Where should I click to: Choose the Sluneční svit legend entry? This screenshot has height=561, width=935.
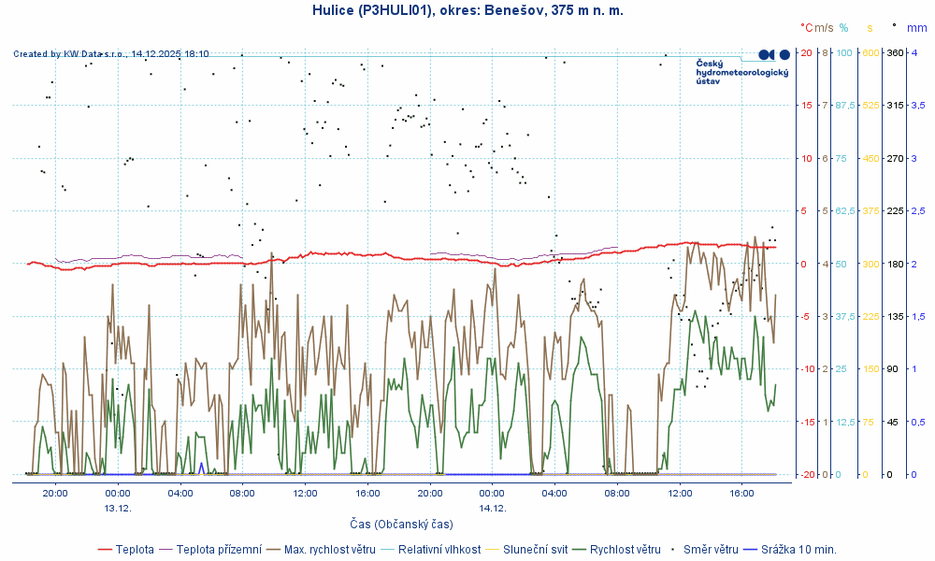point(534,549)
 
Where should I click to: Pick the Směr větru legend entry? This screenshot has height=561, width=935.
point(708,549)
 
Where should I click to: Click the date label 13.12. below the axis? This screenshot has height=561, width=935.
point(118,508)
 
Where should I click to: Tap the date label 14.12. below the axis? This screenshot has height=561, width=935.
point(493,508)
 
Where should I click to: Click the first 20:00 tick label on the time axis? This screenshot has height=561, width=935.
point(55,493)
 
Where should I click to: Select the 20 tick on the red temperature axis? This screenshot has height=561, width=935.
point(805,52)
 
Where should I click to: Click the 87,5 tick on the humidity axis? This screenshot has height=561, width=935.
point(845,105)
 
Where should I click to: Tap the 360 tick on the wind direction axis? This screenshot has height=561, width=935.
point(895,52)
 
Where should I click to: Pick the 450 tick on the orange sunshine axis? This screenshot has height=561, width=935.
point(870,158)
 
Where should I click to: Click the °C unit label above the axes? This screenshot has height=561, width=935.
point(807,28)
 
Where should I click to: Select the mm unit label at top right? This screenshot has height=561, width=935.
point(916,28)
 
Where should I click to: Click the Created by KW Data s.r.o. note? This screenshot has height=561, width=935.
point(111,54)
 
